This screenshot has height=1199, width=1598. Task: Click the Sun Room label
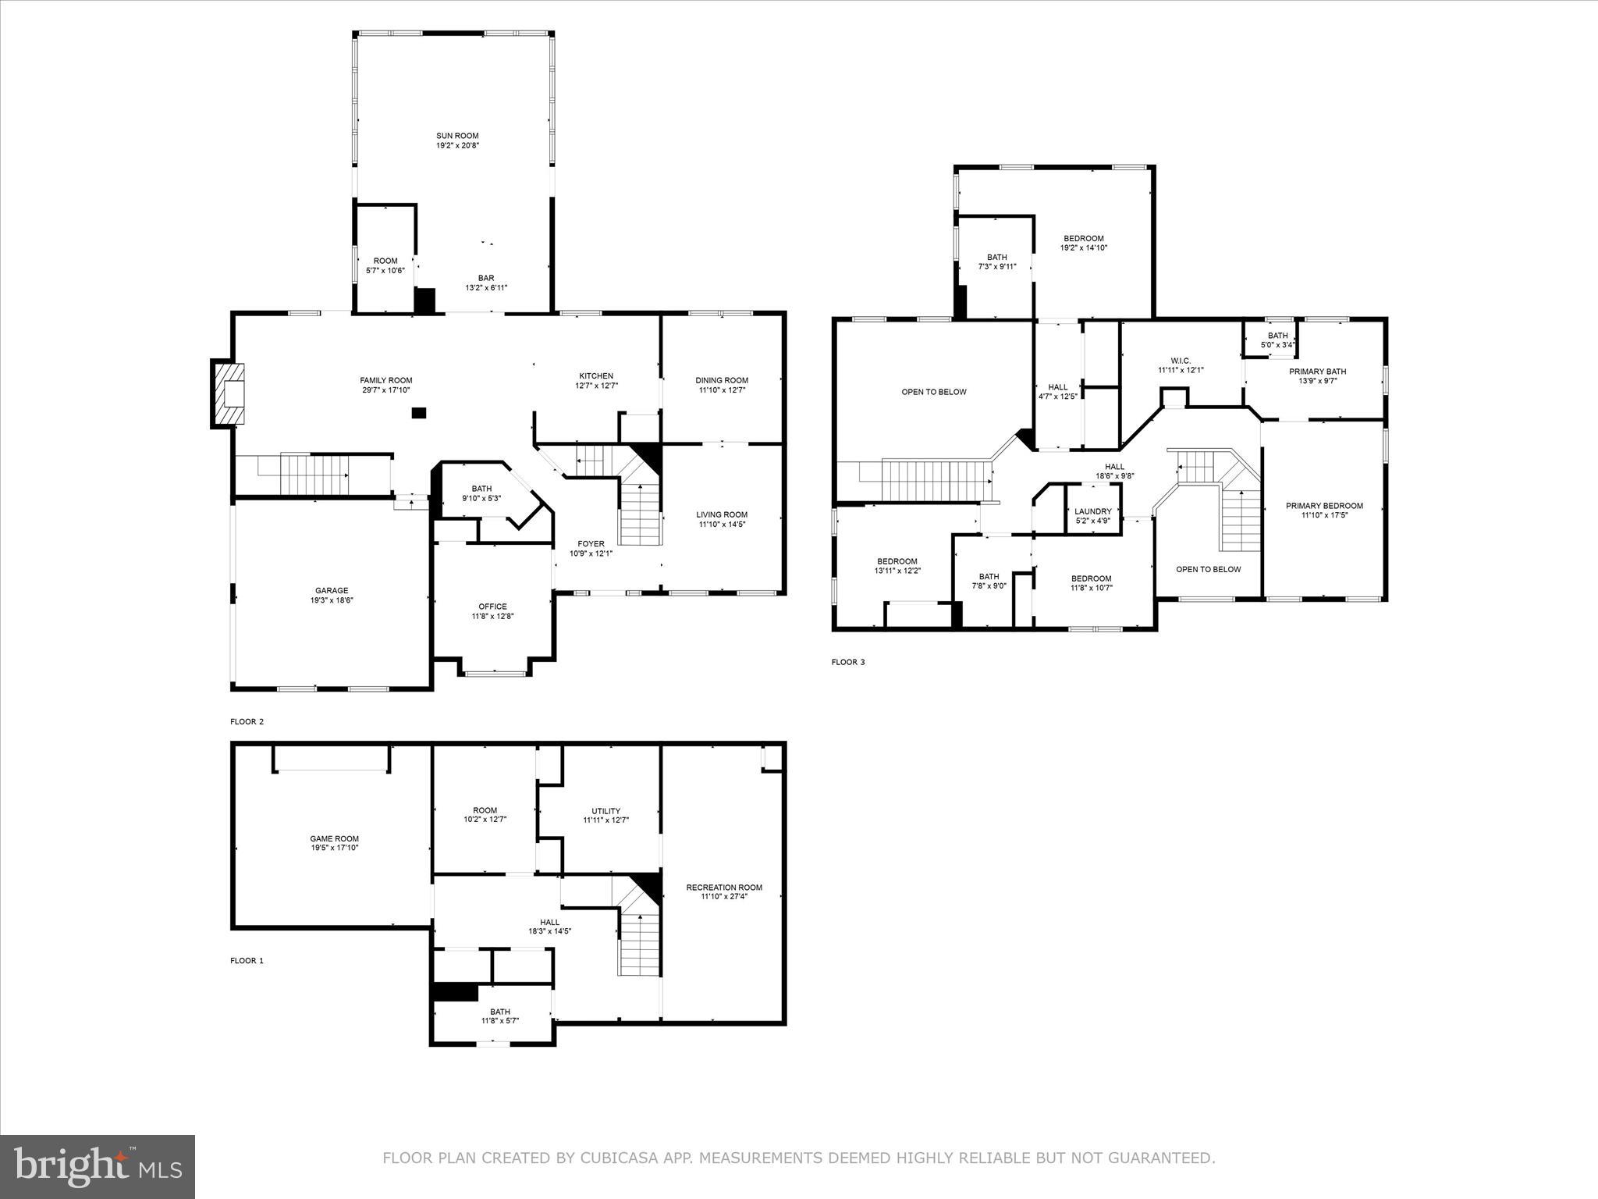pos(457,136)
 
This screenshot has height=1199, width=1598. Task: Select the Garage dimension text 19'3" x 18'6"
pos(332,600)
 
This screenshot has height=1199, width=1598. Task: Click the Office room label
pos(492,607)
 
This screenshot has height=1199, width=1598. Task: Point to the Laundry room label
pos(1092,511)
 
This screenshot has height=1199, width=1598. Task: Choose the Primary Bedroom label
pos(1324,506)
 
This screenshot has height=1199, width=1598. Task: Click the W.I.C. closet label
pos(1180,361)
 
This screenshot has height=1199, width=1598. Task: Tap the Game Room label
pos(334,839)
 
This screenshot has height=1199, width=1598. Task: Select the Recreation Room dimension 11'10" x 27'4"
pos(724,897)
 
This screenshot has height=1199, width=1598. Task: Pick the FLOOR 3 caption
pos(847,662)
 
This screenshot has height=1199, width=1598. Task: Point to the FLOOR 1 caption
pos(247,961)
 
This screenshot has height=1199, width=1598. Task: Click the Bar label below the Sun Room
pos(486,278)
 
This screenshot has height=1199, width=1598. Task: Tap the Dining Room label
pos(722,380)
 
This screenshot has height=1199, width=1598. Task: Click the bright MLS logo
pos(98,1166)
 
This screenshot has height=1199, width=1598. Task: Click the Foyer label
pos(591,544)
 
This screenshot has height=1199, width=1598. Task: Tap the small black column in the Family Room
pos(420,413)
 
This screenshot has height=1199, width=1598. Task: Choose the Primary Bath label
pos(1317,372)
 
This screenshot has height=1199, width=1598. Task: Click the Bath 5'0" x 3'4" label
pos(1277,336)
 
